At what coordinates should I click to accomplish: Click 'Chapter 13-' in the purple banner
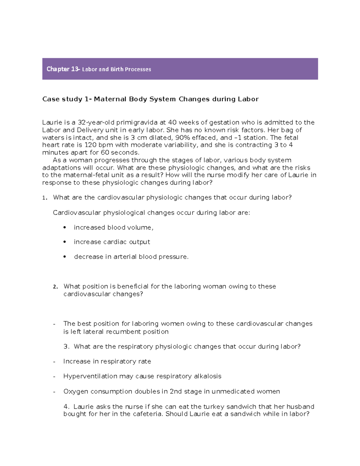63,69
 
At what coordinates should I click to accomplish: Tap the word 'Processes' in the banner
138,69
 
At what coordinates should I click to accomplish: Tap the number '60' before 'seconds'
105,153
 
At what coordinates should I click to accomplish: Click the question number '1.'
45,198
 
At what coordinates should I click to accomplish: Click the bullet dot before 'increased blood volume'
64,227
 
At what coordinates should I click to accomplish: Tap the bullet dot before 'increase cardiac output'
64,242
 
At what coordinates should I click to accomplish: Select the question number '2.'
55,287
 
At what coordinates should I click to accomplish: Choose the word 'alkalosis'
208,376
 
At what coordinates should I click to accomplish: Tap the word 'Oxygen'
76,392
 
